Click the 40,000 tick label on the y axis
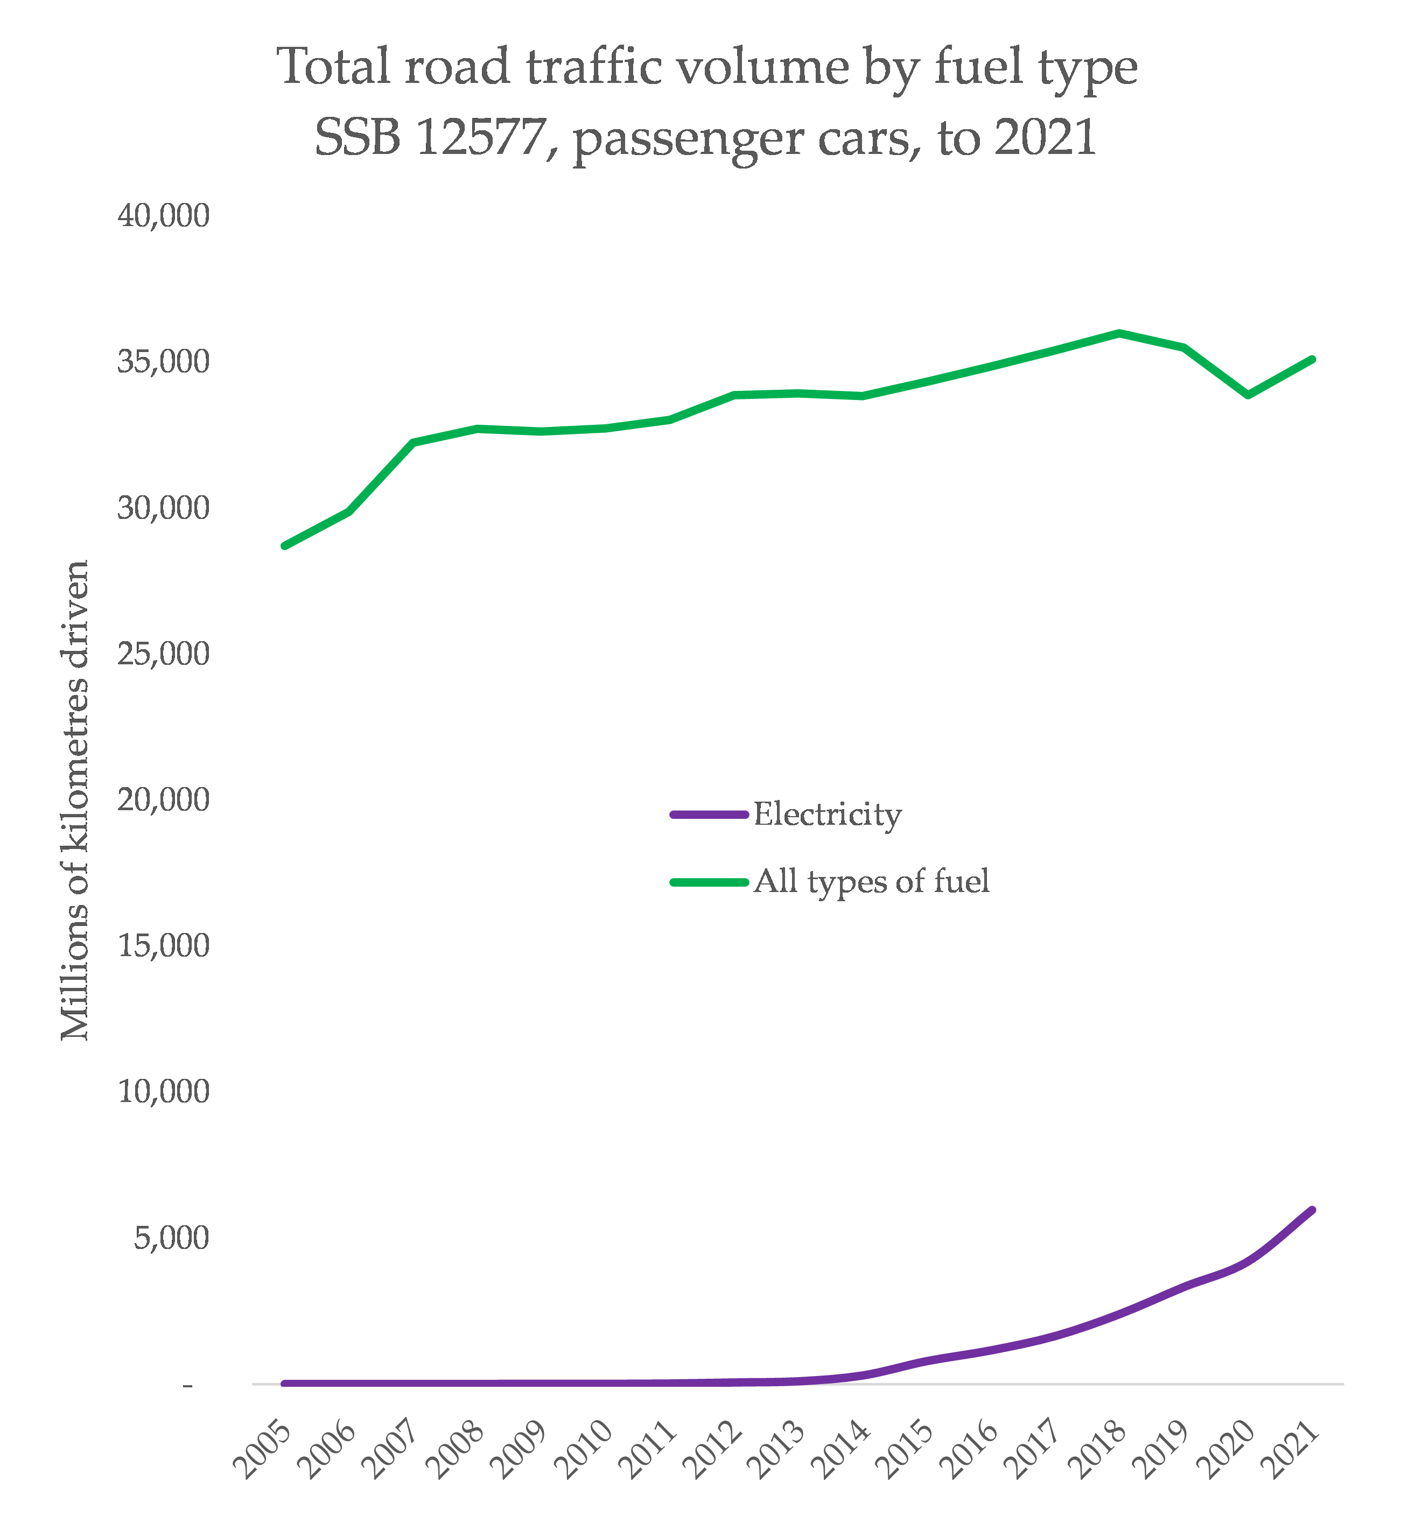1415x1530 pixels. pyautogui.click(x=163, y=216)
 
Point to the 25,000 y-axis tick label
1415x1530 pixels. pyautogui.click(x=163, y=655)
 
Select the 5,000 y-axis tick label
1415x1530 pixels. pyautogui.click(x=172, y=1238)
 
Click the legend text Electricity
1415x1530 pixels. pyautogui.click(x=827, y=815)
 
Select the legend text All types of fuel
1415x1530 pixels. pyautogui.click(x=871, y=882)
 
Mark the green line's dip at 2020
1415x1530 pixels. pyautogui.click(x=1249, y=396)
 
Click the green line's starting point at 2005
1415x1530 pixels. pyautogui.click(x=284, y=546)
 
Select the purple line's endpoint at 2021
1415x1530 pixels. pyautogui.click(x=1312, y=1210)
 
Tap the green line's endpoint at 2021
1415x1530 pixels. pyautogui.click(x=1312, y=359)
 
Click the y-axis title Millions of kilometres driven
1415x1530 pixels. pyautogui.click(x=75, y=801)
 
